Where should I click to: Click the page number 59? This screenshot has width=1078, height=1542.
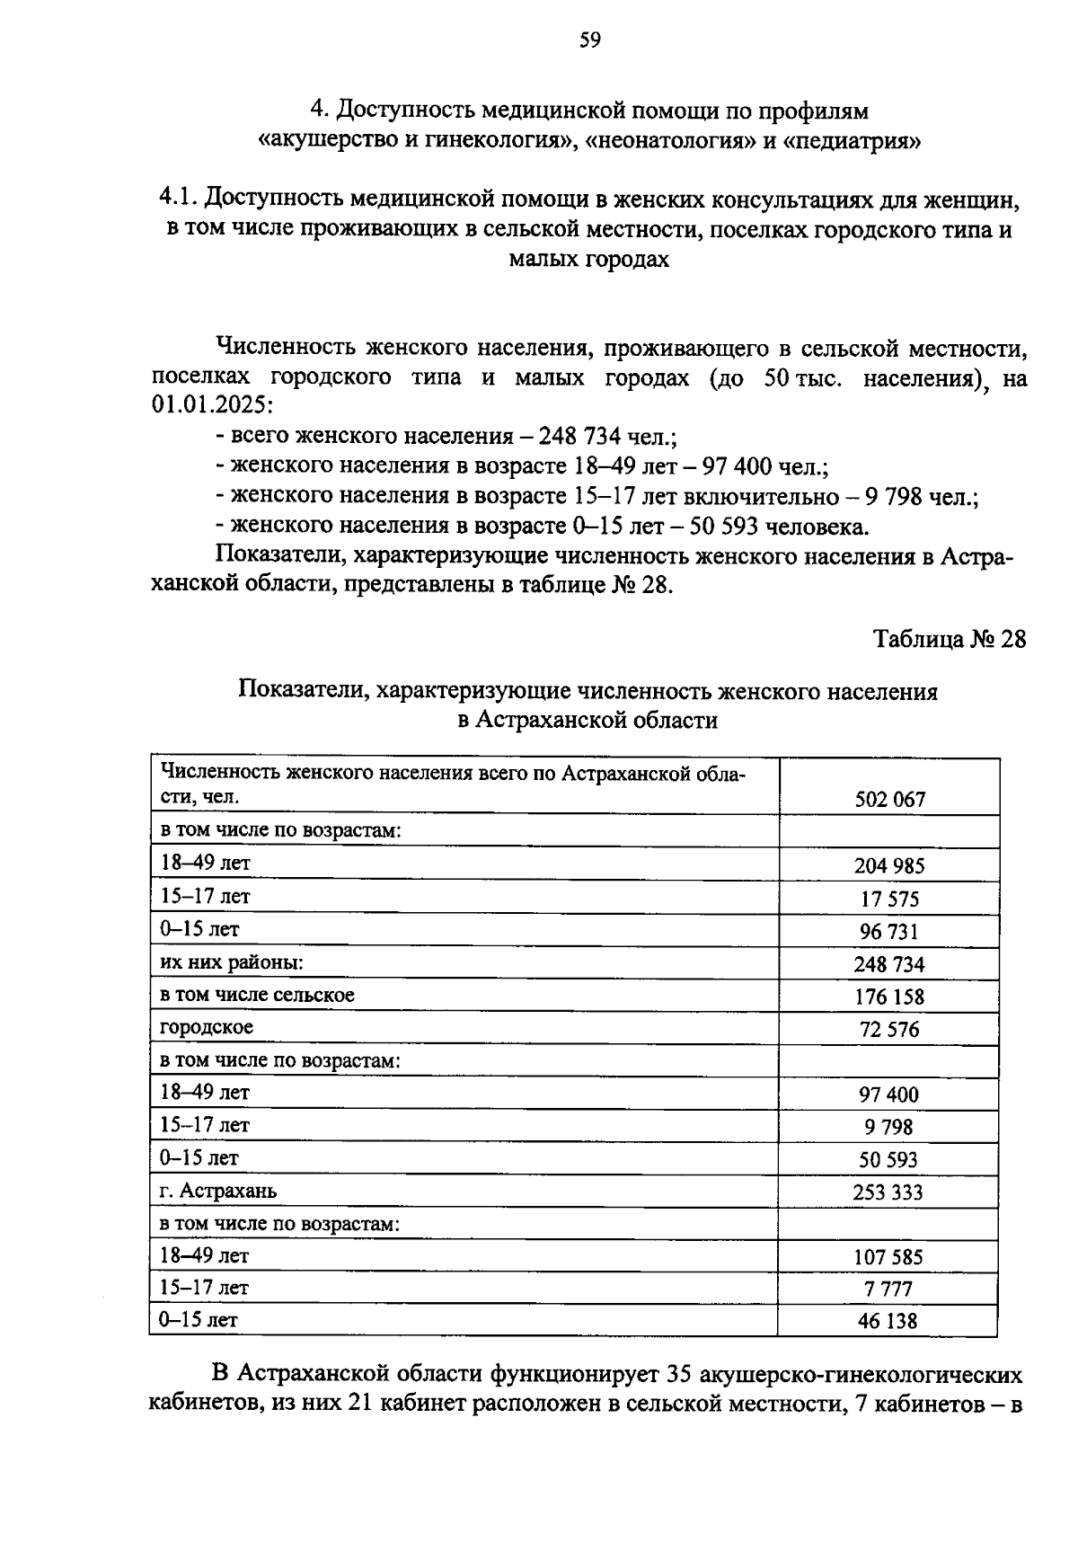[x=589, y=40]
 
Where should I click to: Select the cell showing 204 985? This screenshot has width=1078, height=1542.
[x=888, y=865]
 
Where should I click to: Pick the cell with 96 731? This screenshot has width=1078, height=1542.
[x=888, y=931]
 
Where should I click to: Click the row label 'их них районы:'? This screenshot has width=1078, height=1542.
[x=231, y=962]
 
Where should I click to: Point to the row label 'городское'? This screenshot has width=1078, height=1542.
[x=207, y=1027]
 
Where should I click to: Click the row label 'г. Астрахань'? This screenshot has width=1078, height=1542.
[x=218, y=1191]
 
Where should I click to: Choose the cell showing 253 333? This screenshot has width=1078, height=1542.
[x=888, y=1192]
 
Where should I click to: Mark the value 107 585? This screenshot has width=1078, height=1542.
[x=888, y=1257]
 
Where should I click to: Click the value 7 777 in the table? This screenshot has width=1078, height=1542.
[x=888, y=1289]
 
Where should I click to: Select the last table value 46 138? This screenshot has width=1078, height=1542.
[x=888, y=1320]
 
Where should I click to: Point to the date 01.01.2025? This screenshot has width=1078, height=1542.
[x=204, y=405]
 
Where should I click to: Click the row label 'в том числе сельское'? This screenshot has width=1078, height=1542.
[x=257, y=995]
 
